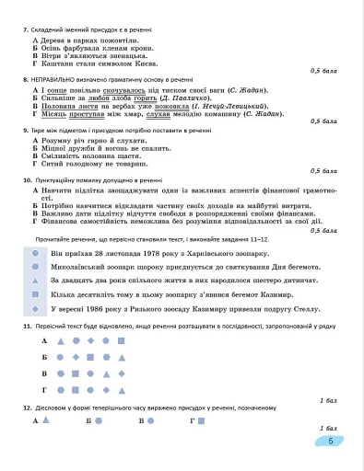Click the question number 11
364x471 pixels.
(x=24, y=326)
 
